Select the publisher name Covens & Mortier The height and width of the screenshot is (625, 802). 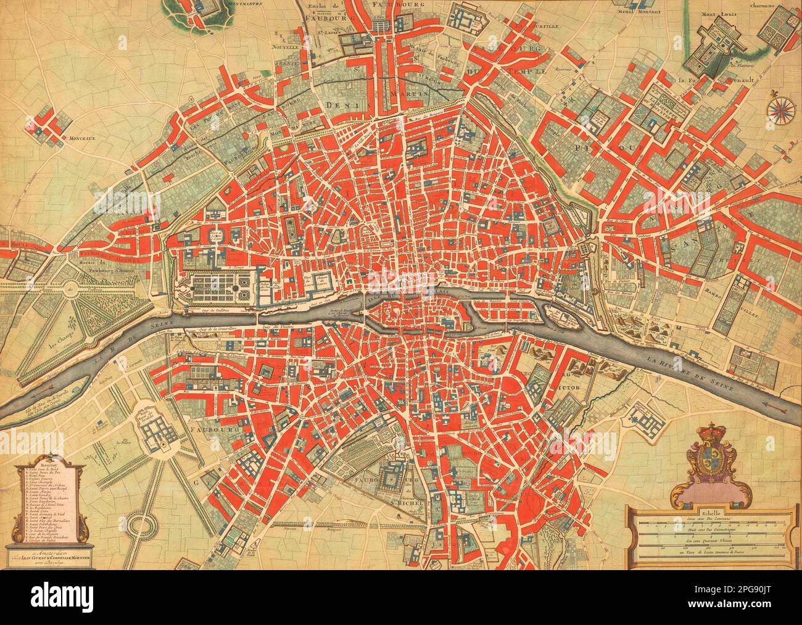(59, 559)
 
